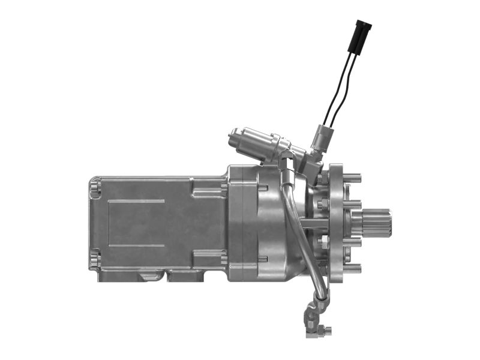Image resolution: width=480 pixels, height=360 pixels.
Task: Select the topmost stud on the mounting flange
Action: click(x=352, y=178)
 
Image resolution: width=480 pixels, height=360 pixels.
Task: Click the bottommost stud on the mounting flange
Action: click(x=352, y=268)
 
